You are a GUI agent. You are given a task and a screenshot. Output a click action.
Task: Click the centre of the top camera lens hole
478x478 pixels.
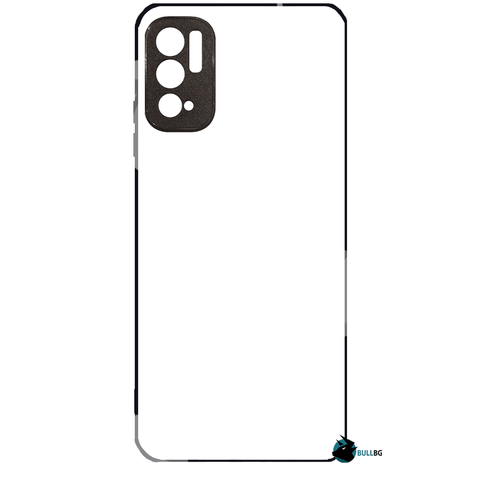pyautogui.click(x=170, y=42)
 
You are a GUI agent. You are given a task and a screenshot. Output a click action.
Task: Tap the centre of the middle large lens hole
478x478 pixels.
pyautogui.click(x=171, y=74)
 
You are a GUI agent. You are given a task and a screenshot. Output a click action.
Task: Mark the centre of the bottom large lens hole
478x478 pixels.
pyautogui.click(x=171, y=106)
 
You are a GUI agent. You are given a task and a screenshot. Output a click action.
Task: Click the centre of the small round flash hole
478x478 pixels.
pyautogui.click(x=189, y=106)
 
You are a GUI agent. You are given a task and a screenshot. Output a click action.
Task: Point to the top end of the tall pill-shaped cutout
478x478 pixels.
pyautogui.click(x=196, y=31)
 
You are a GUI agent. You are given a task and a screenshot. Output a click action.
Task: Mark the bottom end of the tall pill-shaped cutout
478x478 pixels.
pyautogui.click(x=196, y=72)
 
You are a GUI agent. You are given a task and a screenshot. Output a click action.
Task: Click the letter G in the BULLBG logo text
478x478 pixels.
pyautogui.click(x=379, y=453)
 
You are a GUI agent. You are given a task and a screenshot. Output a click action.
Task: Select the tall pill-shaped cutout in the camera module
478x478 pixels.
pyautogui.click(x=196, y=51)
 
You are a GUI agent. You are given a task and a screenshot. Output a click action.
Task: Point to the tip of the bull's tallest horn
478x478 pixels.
pyautogui.click(x=340, y=435)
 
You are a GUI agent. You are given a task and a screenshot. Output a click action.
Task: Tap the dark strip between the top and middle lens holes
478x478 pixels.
pyautogui.click(x=171, y=58)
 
